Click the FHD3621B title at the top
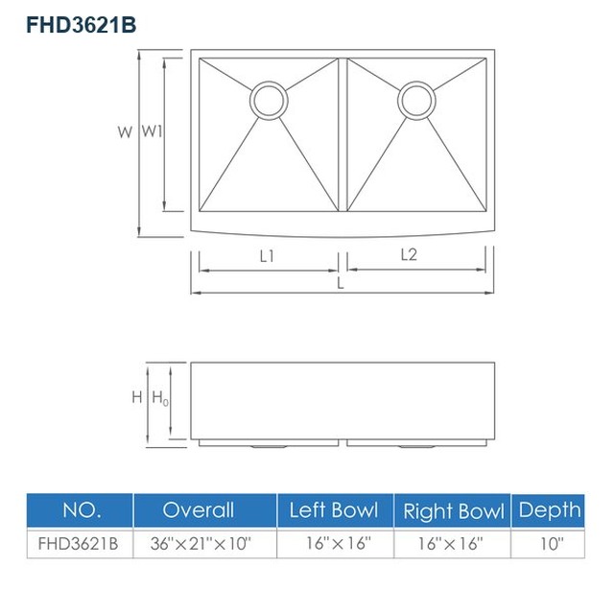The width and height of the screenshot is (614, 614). (81, 25)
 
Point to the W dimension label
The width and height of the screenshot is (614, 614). (125, 132)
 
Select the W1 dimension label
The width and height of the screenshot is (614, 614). (152, 131)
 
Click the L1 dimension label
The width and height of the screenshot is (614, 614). (267, 256)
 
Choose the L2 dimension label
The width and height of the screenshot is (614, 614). (409, 255)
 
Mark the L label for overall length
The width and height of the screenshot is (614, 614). (341, 283)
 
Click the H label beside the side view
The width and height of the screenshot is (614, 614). (137, 397)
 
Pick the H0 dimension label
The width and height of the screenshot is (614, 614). (160, 398)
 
